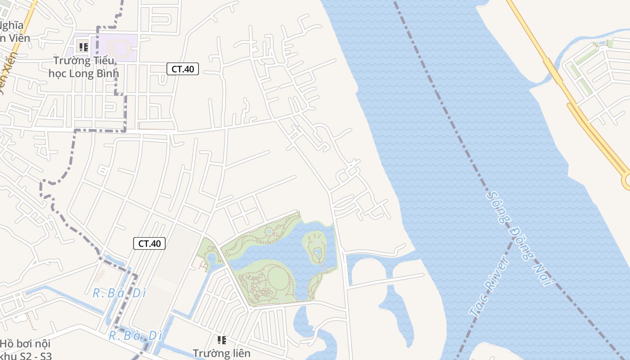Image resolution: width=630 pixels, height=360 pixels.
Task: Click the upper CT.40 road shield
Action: tap(183, 69)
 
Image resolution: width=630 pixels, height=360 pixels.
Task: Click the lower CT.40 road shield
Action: tap(149, 243)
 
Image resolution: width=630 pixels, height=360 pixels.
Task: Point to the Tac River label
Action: tap(489, 286)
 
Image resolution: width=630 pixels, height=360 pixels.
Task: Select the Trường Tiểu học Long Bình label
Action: tap(84, 67)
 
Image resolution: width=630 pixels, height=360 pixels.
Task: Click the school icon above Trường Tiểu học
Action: tap(83, 46)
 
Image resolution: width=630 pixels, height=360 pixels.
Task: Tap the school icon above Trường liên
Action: tap(221, 340)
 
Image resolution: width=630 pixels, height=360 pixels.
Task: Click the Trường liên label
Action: tap(221, 353)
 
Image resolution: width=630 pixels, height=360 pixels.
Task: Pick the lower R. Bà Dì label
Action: tap(135, 336)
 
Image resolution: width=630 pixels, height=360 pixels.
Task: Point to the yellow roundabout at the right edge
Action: tap(627, 181)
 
